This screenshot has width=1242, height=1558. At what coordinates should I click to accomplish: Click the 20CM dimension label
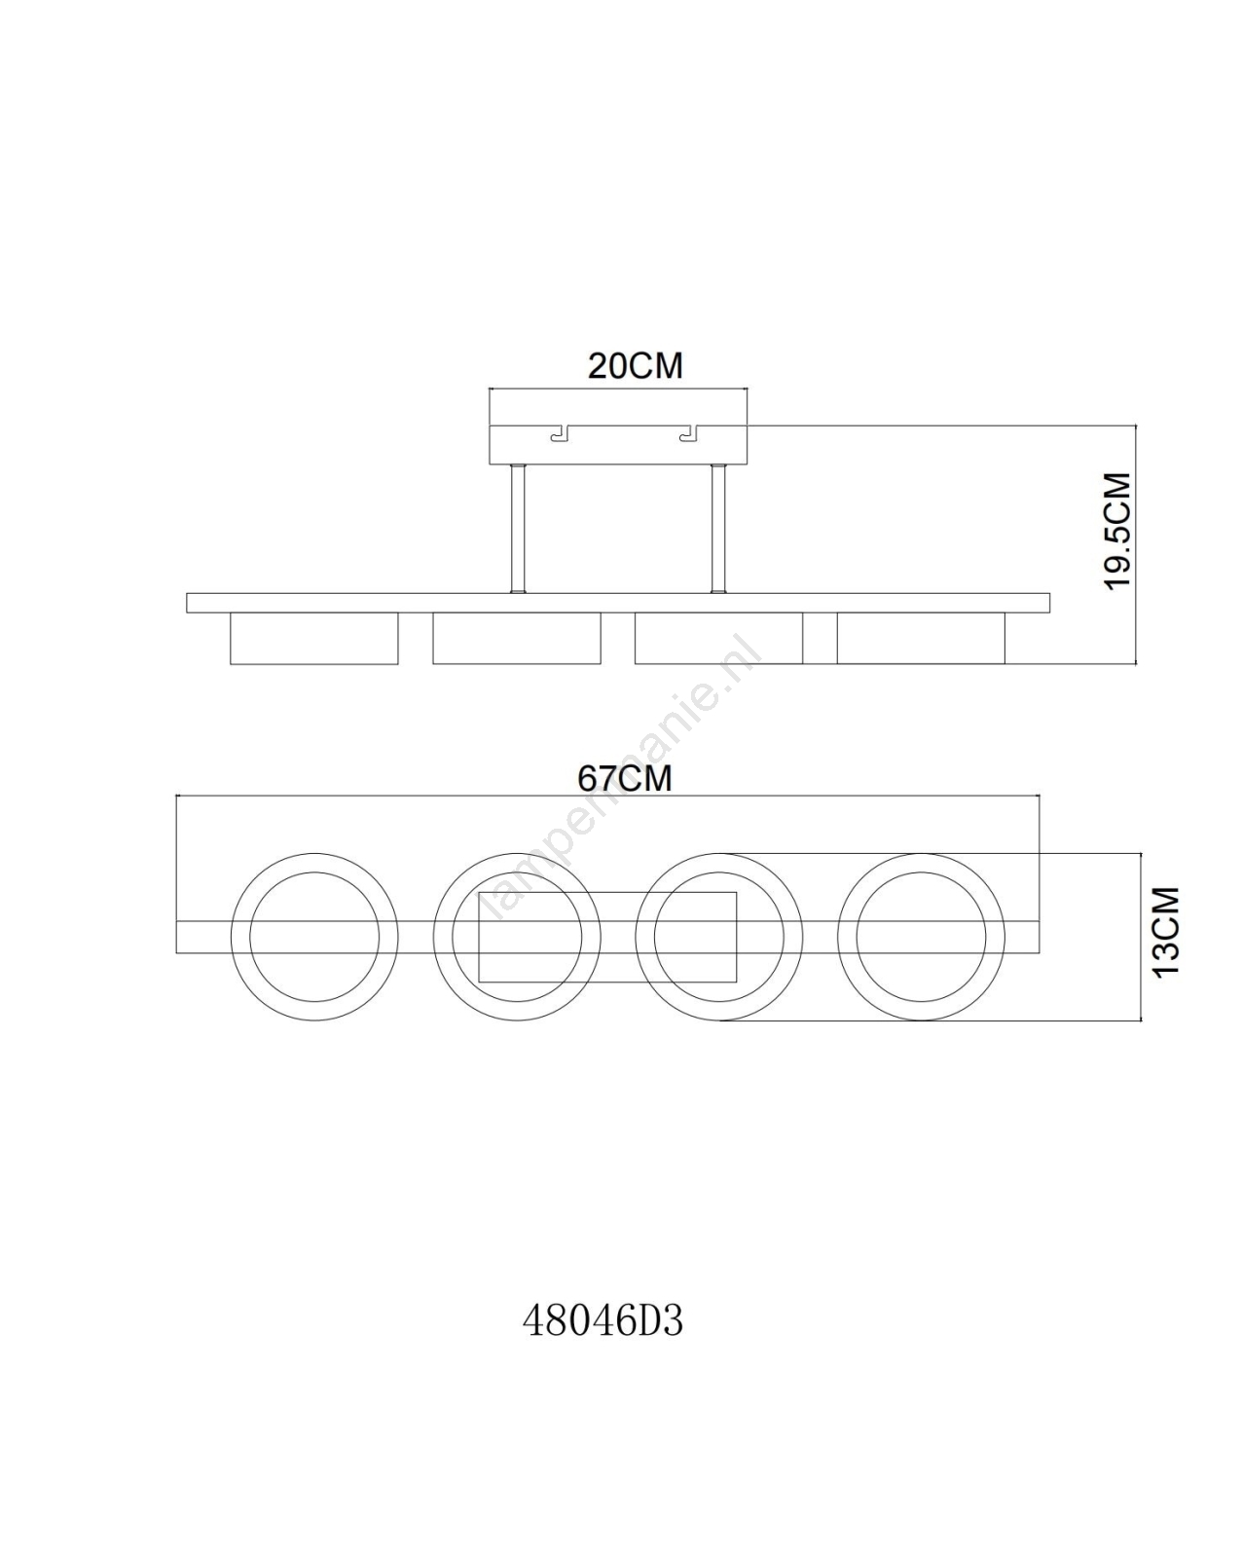pos(635,366)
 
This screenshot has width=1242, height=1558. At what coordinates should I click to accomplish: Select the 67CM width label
pos(624,779)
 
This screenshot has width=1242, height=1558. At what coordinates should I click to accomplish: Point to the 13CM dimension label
pos(1166,932)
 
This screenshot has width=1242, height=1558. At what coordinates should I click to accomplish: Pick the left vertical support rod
pos(518,529)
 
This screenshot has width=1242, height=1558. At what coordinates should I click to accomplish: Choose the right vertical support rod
pos(718,529)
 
